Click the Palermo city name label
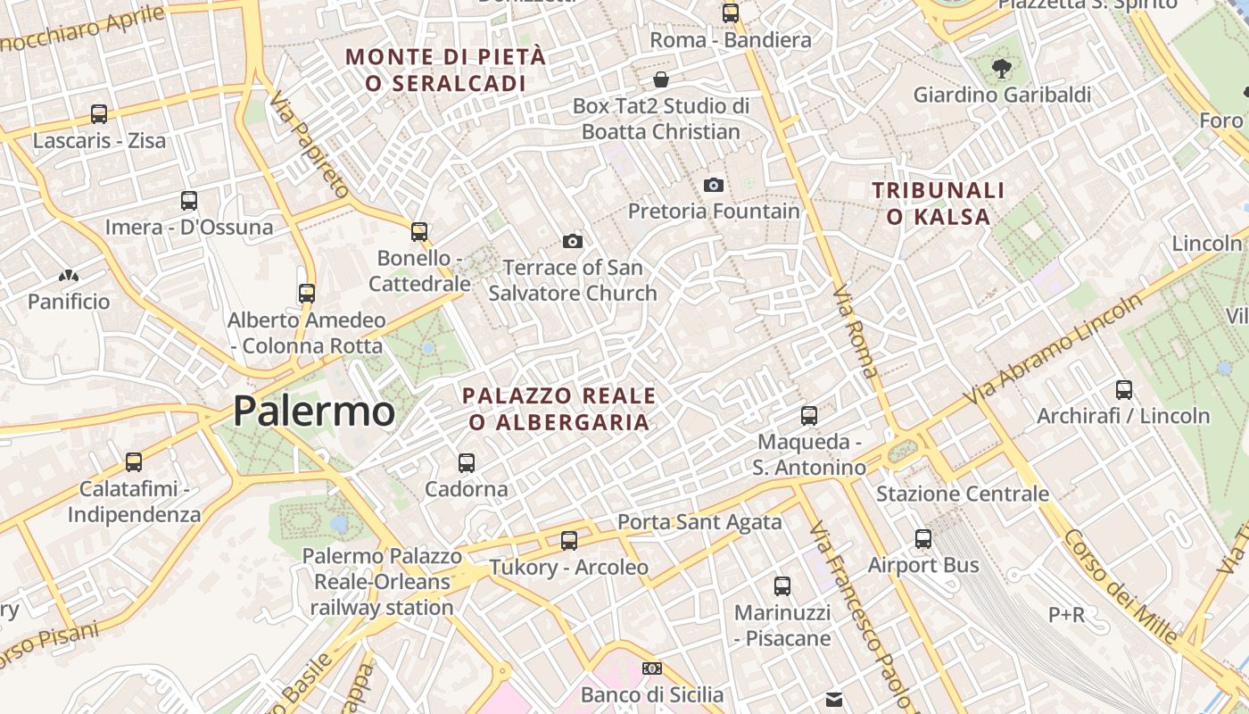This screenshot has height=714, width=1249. click(x=313, y=411)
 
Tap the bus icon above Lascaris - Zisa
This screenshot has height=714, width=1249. click(x=99, y=114)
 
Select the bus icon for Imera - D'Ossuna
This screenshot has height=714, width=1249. click(x=188, y=201)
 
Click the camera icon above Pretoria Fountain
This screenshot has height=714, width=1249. click(x=713, y=185)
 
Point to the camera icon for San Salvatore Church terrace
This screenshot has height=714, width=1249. click(x=573, y=241)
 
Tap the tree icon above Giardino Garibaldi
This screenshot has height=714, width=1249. click(x=1002, y=67)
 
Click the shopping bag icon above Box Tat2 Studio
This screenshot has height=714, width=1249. click(x=661, y=79)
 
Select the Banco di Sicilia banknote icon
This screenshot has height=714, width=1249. click(x=652, y=668)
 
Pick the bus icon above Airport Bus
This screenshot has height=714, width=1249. click(x=923, y=539)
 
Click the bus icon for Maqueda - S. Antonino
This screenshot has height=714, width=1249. click(x=809, y=416)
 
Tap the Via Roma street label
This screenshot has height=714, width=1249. click(x=855, y=331)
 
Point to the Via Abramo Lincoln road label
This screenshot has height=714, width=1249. click(x=1054, y=347)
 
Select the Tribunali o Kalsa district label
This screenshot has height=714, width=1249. click(x=939, y=203)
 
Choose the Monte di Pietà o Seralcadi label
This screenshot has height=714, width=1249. click(x=445, y=70)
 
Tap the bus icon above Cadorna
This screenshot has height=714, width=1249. click(x=467, y=463)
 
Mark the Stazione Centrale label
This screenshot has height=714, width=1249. click(x=963, y=494)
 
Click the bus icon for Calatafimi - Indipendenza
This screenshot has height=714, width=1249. click(x=134, y=462)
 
